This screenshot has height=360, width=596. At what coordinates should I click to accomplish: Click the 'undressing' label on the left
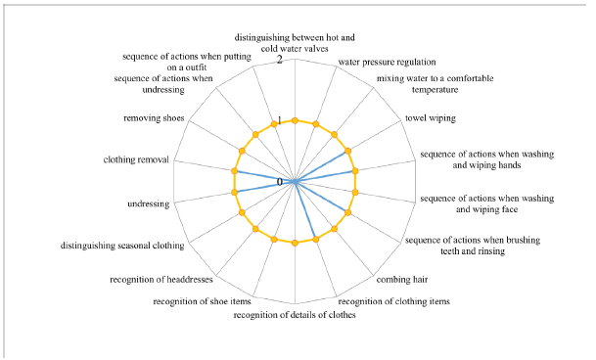click(149, 203)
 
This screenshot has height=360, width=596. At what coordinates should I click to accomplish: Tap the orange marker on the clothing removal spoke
click(234, 171)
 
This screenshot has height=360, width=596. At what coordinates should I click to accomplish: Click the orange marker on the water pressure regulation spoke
click(315, 124)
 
